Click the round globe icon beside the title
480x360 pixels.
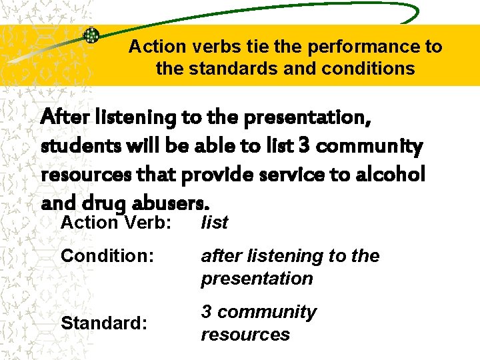click(x=91, y=36)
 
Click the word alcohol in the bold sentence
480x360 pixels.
click(x=393, y=173)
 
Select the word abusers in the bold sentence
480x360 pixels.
click(x=169, y=201)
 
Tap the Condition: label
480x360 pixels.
click(x=103, y=256)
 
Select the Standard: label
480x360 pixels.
click(x=103, y=323)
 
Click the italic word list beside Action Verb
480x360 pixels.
click(x=215, y=223)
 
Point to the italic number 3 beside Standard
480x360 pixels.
click(x=206, y=312)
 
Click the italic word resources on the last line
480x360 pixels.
click(x=245, y=335)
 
